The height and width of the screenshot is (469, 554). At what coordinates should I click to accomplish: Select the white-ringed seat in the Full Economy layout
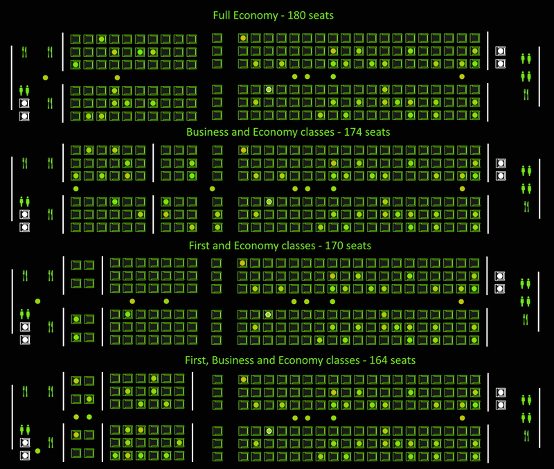tap(268, 89)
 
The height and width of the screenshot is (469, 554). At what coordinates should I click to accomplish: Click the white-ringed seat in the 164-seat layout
tap(268, 431)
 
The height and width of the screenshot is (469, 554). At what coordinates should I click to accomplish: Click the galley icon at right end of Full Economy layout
tap(526, 94)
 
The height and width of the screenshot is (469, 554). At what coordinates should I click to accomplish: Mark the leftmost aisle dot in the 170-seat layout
tap(37, 301)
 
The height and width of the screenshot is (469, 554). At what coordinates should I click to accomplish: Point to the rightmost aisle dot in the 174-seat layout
tap(462, 188)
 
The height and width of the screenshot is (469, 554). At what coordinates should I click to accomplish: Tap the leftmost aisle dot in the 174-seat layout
tap(75, 188)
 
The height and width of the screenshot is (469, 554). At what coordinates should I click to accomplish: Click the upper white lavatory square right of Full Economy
tap(500, 51)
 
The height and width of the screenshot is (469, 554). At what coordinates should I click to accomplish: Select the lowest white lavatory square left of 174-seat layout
tap(24, 227)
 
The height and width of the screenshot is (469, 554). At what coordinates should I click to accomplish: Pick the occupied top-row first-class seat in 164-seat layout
tap(76, 381)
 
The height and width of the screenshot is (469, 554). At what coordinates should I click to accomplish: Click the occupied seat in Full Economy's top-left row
tap(101, 39)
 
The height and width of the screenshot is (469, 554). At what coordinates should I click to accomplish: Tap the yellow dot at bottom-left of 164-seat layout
tap(37, 451)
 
